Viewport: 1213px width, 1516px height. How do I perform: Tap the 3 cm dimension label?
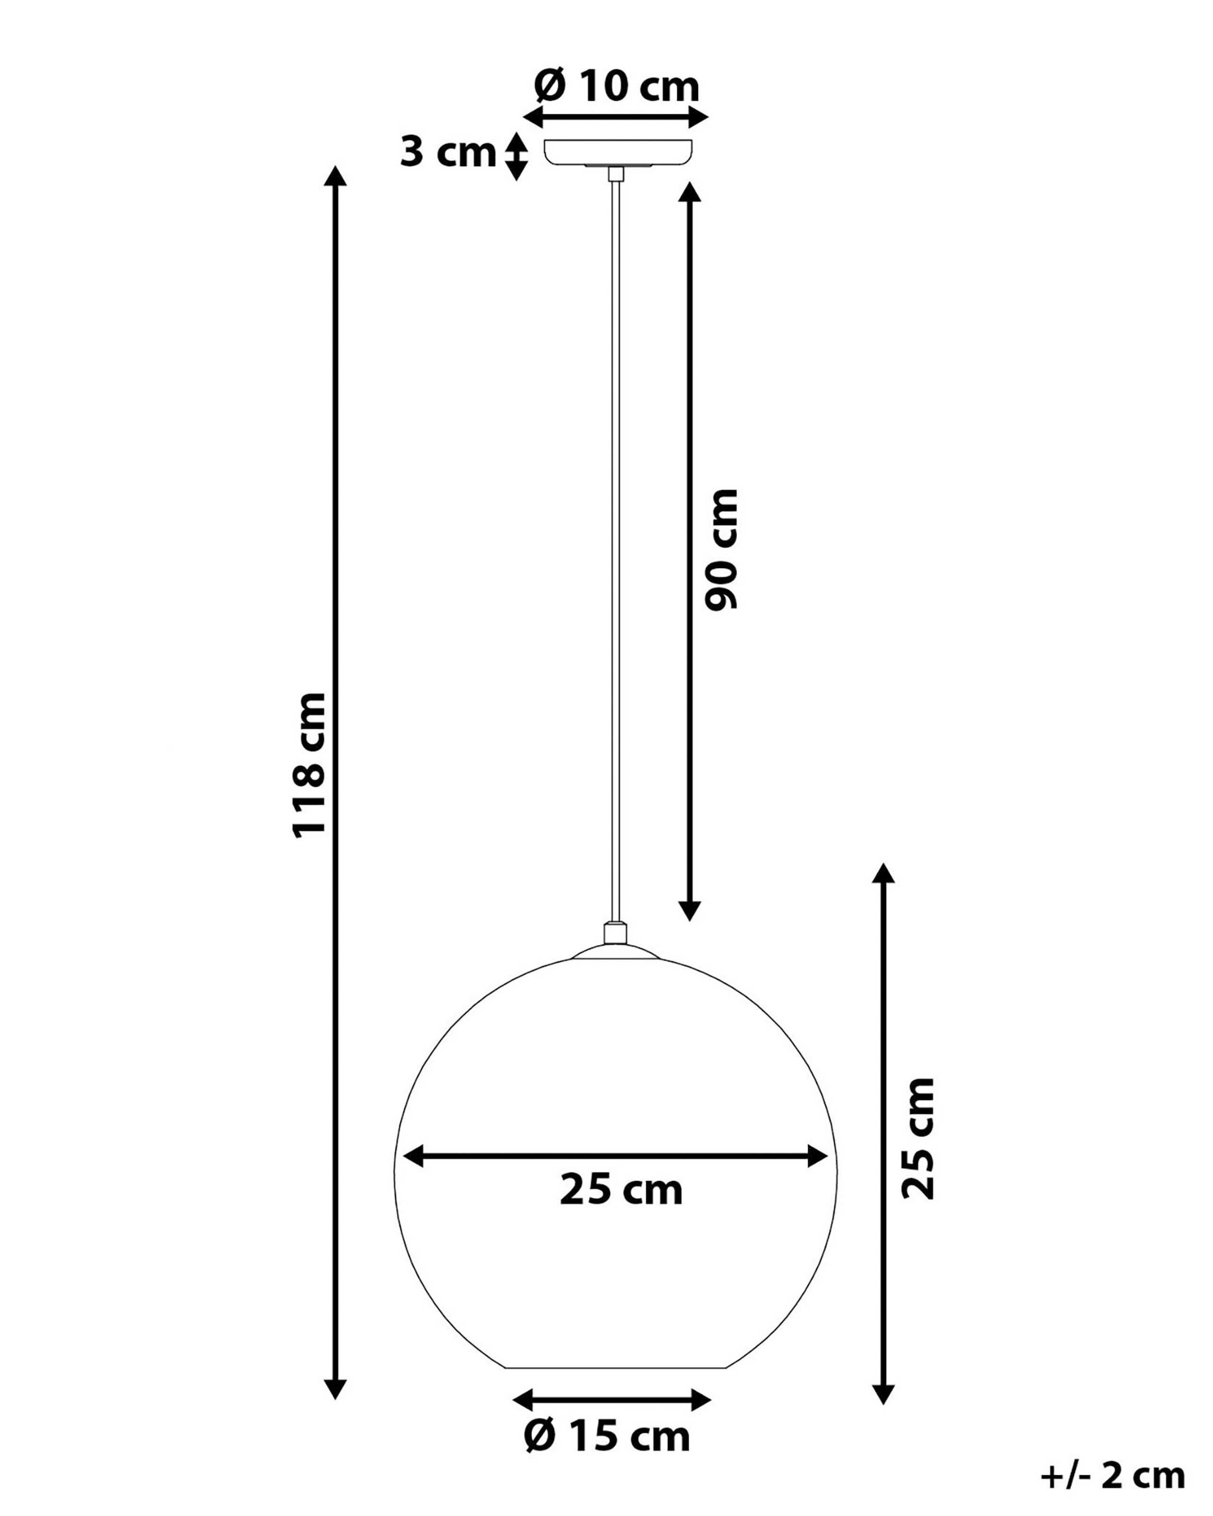tap(448, 152)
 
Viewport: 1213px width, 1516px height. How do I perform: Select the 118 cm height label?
tap(310, 764)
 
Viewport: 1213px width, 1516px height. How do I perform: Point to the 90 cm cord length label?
tap(722, 549)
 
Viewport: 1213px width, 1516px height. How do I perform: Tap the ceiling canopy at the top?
tap(618, 153)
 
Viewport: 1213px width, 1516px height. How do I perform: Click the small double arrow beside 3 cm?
tap(517, 156)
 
